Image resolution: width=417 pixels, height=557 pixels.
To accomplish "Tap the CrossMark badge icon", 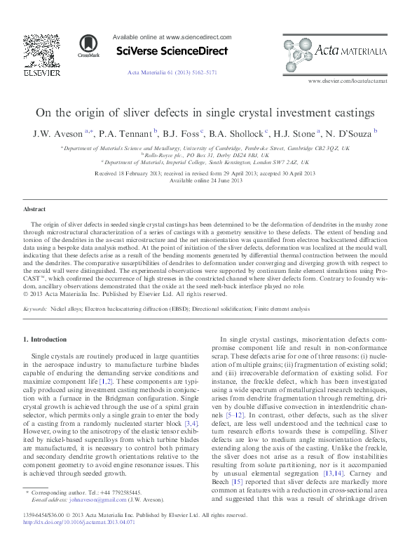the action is [89, 46].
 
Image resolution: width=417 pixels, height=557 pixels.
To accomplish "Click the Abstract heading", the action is [35, 209].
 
